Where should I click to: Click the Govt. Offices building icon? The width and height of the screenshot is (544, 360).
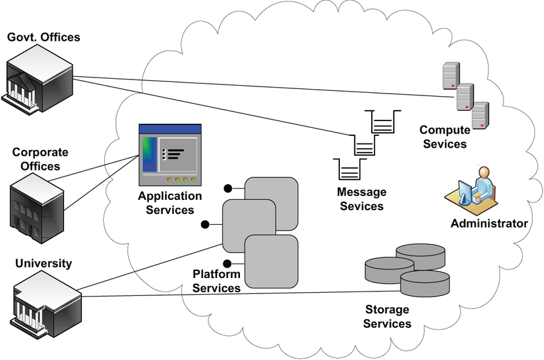coord(38,79)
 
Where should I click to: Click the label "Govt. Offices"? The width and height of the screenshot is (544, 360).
coord(44,37)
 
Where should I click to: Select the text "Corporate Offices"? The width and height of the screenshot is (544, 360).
coord(40,159)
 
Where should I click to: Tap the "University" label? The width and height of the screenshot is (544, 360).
coord(44,263)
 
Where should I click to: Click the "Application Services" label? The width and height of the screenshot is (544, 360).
coord(170,202)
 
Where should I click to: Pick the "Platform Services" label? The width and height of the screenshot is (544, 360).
coord(216,281)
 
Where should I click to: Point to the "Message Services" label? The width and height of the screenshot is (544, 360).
coord(362,199)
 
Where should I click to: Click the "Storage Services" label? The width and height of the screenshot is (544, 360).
coord(387,316)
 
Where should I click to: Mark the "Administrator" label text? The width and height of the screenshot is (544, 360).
coord(489,223)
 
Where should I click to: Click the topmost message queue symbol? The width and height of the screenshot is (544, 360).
coord(382,122)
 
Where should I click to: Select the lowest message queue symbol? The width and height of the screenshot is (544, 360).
coord(348,170)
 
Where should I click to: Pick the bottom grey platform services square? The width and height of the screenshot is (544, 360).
coord(273,261)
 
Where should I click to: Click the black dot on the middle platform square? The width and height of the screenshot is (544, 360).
coord(205,224)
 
